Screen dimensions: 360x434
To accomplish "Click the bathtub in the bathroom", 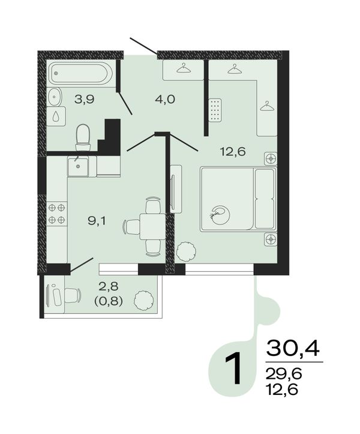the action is tap(81, 73).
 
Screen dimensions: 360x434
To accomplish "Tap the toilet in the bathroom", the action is tap(83, 137).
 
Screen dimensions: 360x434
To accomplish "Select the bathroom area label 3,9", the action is tap(85, 99).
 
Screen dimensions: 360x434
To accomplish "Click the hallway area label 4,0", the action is tap(165, 99).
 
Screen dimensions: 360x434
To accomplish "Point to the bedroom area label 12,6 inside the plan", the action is tap(233, 152).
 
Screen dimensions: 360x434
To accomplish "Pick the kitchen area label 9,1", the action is tap(97, 221).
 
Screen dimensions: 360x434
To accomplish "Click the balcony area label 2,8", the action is tap(109, 286).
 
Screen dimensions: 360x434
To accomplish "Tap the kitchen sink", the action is tap(78, 166).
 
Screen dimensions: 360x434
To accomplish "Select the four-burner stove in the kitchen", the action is tap(57, 214).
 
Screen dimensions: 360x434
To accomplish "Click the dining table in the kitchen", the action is tap(153, 226).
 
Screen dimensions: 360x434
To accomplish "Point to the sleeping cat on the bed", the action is tap(220, 214).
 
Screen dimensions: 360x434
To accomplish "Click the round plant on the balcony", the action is tap(143, 300).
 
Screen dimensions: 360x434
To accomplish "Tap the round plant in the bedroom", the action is tap(186, 250).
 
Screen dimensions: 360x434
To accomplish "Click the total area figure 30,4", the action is tap(292, 348).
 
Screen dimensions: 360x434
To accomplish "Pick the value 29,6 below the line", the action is tap(283, 375).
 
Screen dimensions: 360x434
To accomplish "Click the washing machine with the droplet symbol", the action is tap(56, 116).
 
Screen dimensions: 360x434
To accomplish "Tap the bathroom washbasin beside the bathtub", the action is tap(55, 97).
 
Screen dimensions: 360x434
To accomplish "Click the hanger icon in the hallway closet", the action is tap(184, 68).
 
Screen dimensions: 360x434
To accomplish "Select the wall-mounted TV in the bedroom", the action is tap(175, 189).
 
